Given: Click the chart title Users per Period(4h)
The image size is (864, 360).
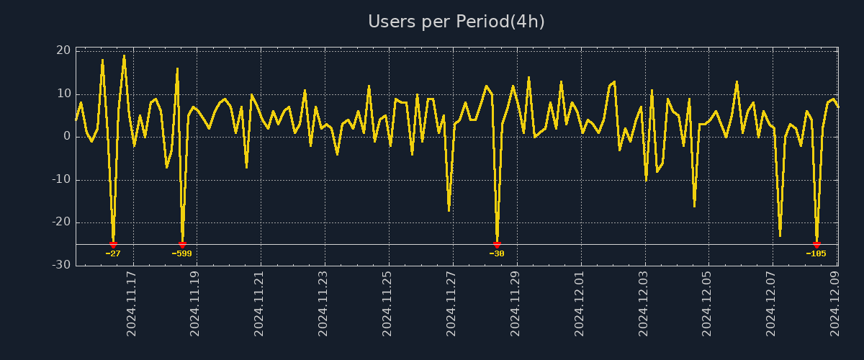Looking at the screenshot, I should pyautogui.click(x=456, y=22).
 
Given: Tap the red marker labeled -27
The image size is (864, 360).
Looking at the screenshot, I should pyautogui.click(x=113, y=245).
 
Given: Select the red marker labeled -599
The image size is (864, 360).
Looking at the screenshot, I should pyautogui.click(x=182, y=245).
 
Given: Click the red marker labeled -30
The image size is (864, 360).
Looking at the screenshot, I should pyautogui.click(x=497, y=245).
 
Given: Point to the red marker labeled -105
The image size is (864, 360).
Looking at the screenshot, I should pyautogui.click(x=816, y=245).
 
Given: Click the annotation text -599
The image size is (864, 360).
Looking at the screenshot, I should pyautogui.click(x=181, y=253).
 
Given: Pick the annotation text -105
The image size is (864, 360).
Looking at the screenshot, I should pyautogui.click(x=816, y=253).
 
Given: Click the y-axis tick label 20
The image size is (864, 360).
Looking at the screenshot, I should pyautogui.click(x=63, y=50).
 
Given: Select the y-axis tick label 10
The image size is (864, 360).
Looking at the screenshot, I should pyautogui.click(x=63, y=94).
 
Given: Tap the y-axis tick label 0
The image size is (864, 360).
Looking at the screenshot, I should pyautogui.click(x=67, y=137).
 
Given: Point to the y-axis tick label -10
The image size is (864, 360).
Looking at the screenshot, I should pyautogui.click(x=61, y=180).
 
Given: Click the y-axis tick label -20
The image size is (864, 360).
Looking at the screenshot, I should pyautogui.click(x=61, y=222).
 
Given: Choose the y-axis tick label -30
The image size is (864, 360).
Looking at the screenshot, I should pyautogui.click(x=61, y=265).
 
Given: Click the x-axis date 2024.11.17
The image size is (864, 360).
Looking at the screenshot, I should pyautogui.click(x=132, y=303).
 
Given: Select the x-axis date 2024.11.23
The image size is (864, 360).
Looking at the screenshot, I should pyautogui.click(x=323, y=303).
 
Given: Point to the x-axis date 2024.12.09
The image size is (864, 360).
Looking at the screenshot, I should pyautogui.click(x=834, y=303).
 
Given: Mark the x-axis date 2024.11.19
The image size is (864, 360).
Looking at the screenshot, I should pyautogui.click(x=195, y=303).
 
